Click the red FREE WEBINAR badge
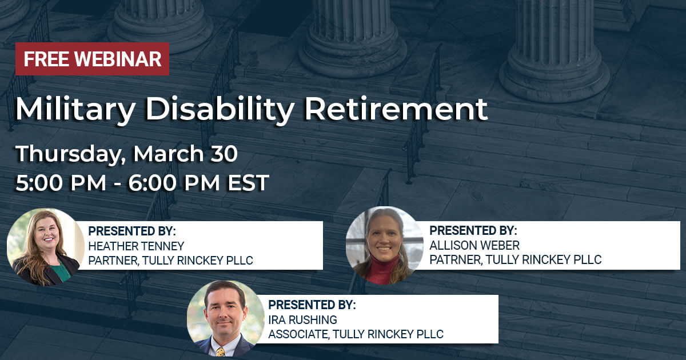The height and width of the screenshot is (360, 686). pos(92,59)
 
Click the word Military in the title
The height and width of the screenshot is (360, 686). pos(75,110)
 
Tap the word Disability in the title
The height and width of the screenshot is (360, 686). pos(220,110)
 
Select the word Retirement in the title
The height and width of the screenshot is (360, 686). pos(396,109)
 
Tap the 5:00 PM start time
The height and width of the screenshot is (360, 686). pos(61,183)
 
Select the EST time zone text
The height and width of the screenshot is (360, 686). pos(248,183)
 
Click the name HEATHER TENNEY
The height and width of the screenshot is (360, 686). pos(136,246)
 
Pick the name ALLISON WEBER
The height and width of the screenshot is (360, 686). pos(474,246)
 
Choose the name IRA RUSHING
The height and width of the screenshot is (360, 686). pos(302,320)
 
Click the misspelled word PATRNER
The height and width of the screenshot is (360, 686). pos(456,260)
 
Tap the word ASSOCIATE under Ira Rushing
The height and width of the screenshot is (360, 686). pos(298,334)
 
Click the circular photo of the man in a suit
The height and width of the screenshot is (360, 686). pos(226,319)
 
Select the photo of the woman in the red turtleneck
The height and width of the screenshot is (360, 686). pos(385,245)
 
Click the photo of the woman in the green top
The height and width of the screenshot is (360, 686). pos(46,247)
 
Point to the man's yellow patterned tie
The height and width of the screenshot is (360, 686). pos(221,351)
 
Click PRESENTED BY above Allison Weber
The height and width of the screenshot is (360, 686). pos(473,230)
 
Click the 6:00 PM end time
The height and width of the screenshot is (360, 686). pos(174,183)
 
